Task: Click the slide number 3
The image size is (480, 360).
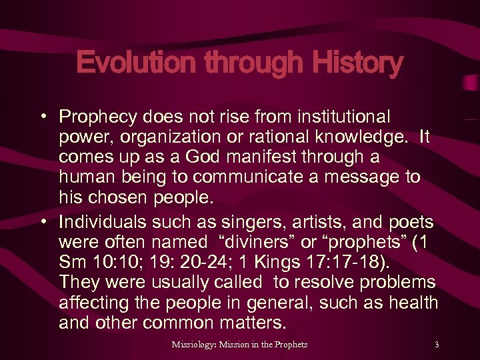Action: [x=437, y=345]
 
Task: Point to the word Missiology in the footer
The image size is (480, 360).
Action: [x=195, y=345]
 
